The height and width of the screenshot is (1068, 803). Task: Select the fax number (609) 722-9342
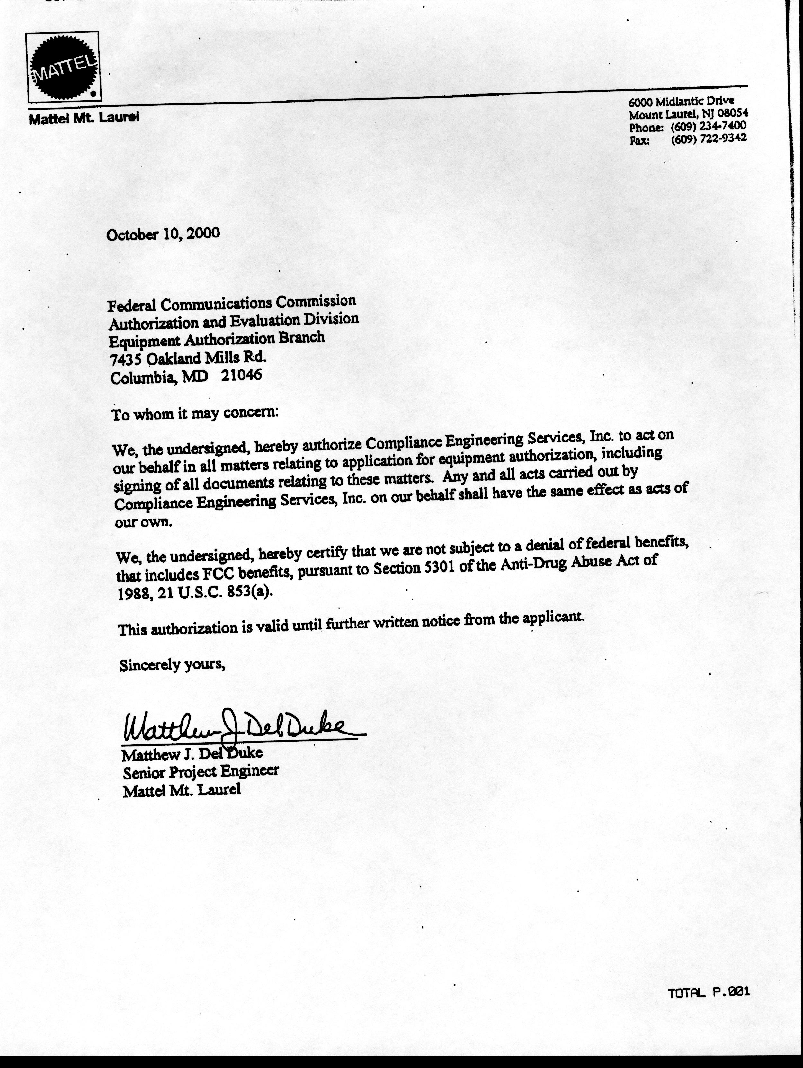click(708, 138)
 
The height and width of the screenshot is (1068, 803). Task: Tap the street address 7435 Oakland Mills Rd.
click(188, 358)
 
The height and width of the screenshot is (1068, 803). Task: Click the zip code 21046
click(241, 375)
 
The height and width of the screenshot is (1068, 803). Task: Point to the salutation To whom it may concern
click(195, 414)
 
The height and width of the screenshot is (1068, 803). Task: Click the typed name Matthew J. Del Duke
click(192, 753)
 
